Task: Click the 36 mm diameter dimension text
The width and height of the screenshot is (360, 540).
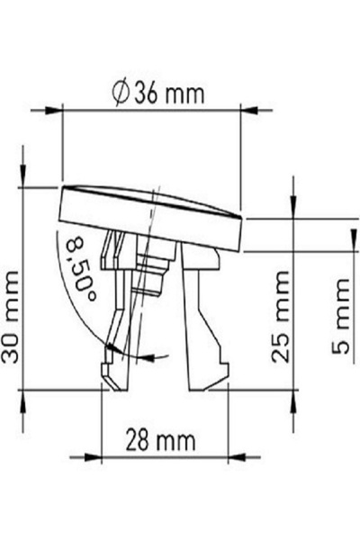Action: pyautogui.click(x=159, y=94)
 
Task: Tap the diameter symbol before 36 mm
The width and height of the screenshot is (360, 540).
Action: pyautogui.click(x=121, y=94)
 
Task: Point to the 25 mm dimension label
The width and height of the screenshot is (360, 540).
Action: pyautogui.click(x=280, y=317)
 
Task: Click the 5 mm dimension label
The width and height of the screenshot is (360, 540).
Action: pyautogui.click(x=340, y=317)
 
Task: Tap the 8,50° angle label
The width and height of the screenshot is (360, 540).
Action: pyautogui.click(x=80, y=269)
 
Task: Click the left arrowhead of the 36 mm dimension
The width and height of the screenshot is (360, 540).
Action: pyautogui.click(x=54, y=111)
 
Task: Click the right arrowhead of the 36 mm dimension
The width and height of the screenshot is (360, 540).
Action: pyautogui.click(x=248, y=111)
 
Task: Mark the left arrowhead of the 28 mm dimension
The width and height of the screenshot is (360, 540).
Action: pyautogui.click(x=93, y=457)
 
